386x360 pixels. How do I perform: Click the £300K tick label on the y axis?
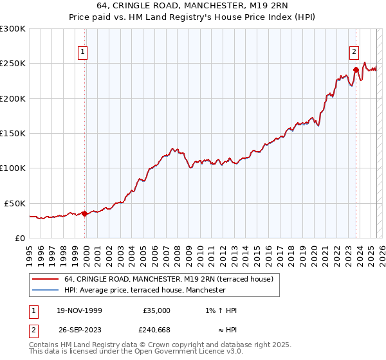tap(13, 29)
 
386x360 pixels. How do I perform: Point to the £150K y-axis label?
tap(13, 134)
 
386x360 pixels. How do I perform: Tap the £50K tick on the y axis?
tap(15, 203)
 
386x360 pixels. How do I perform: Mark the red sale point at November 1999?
tap(84, 213)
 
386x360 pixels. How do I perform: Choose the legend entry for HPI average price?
tap(145, 290)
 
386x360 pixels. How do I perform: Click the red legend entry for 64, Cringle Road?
tap(169, 279)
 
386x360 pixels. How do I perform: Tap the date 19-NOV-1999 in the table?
tap(79, 310)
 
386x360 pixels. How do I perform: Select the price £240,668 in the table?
tap(156, 330)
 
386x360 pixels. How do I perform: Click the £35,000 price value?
tap(156, 310)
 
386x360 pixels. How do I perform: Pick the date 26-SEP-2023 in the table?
tap(79, 330)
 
